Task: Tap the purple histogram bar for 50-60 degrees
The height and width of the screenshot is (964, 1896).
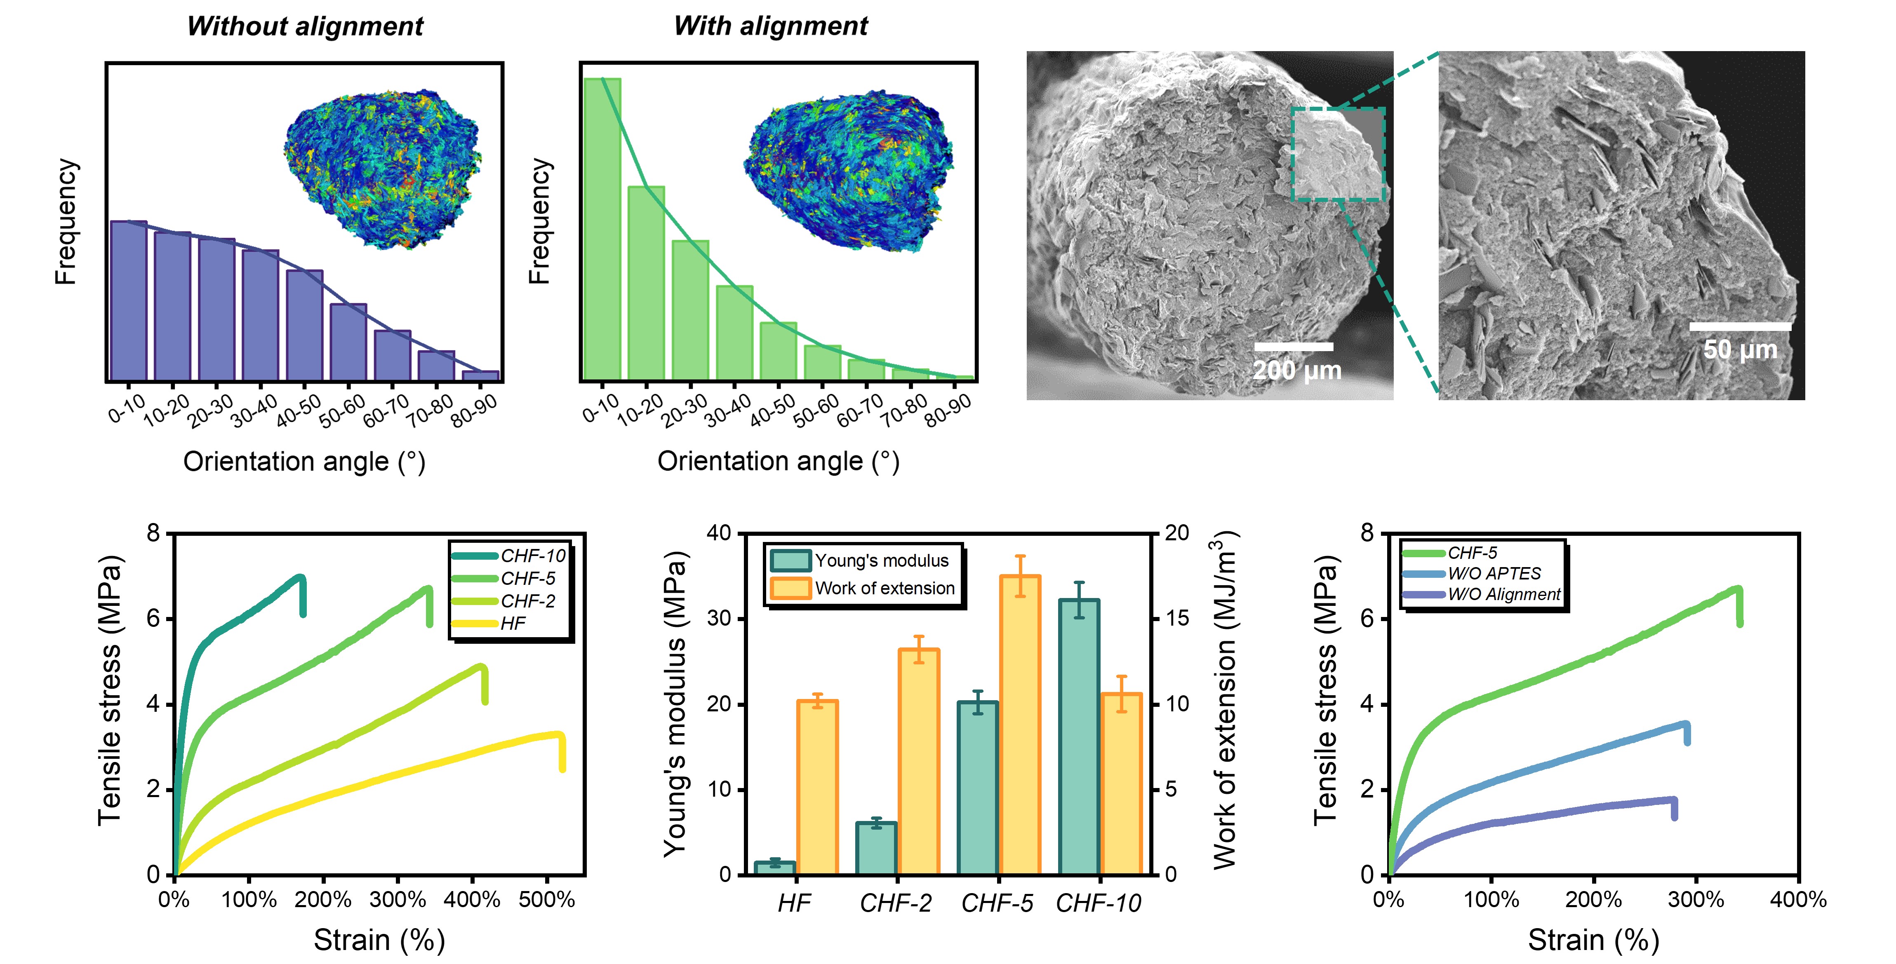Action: (x=348, y=342)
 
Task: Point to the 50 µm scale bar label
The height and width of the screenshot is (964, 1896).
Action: (x=1740, y=349)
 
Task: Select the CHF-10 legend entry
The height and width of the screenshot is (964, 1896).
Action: (x=532, y=556)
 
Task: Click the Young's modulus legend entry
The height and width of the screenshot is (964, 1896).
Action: (x=881, y=561)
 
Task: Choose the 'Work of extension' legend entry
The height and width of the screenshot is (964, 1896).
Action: (x=884, y=588)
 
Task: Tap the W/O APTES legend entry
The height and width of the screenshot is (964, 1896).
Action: (x=1494, y=573)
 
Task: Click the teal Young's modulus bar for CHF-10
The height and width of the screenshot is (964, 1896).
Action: (x=1078, y=736)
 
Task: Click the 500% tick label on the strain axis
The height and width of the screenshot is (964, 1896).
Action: (x=546, y=899)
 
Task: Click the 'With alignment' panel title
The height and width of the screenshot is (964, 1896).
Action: (x=771, y=26)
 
